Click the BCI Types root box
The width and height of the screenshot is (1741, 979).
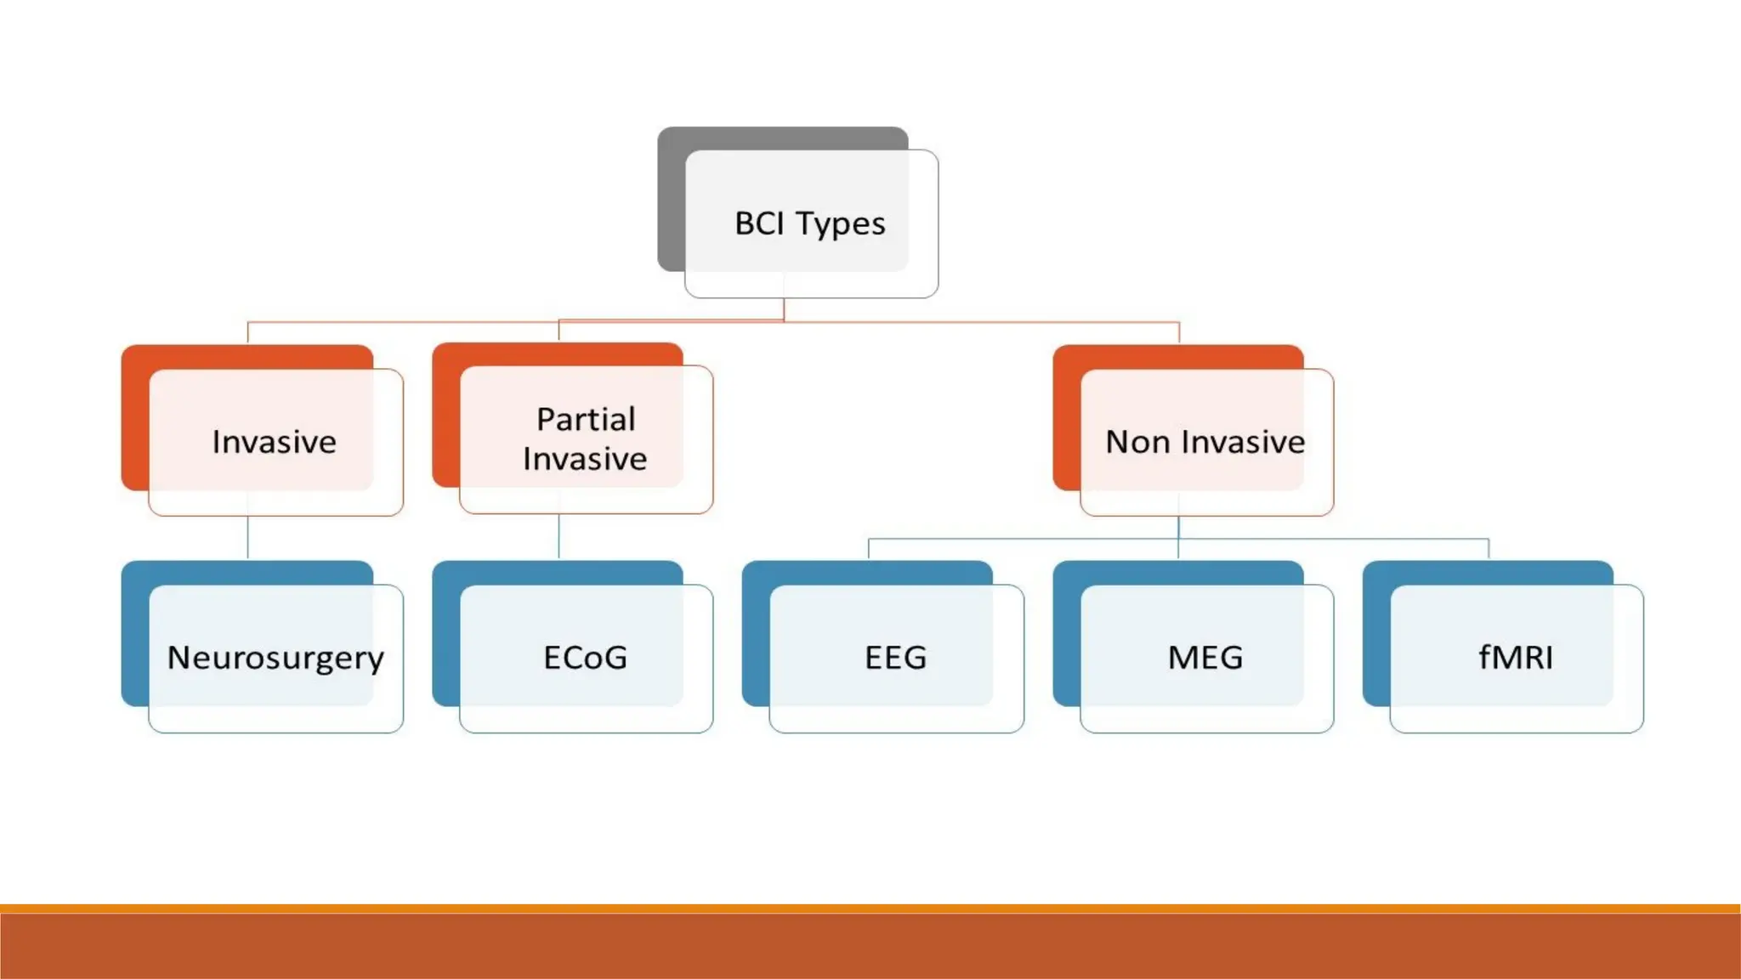click(x=810, y=224)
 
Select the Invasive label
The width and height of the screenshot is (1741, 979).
click(x=274, y=442)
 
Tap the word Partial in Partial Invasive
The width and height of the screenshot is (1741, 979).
click(x=586, y=419)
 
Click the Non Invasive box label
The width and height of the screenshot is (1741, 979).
click(x=1205, y=442)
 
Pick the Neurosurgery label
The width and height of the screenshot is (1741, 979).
click(x=275, y=658)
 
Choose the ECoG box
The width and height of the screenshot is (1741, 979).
click(x=586, y=658)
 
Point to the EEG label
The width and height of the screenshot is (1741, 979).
click(x=895, y=658)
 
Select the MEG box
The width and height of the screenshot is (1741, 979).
click(x=1205, y=658)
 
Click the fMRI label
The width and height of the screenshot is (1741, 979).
click(x=1516, y=658)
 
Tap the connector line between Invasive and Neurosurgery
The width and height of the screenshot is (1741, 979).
click(x=247, y=538)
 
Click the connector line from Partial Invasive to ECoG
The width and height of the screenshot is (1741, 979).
click(x=559, y=536)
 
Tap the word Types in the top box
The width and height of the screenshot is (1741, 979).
click(x=841, y=224)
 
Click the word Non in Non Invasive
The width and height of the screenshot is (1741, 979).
click(x=1137, y=442)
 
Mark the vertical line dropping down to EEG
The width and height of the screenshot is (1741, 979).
click(x=868, y=549)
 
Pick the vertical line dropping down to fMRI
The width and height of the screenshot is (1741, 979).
click(x=1489, y=549)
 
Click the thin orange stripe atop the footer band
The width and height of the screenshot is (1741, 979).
click(x=870, y=908)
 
